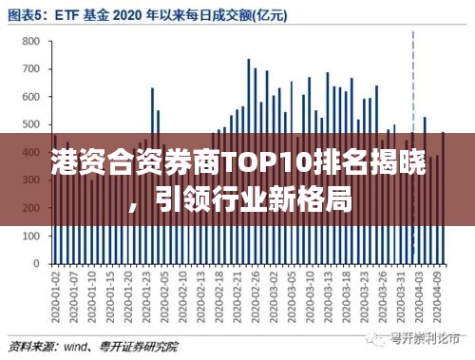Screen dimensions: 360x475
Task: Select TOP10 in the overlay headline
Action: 271,163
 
